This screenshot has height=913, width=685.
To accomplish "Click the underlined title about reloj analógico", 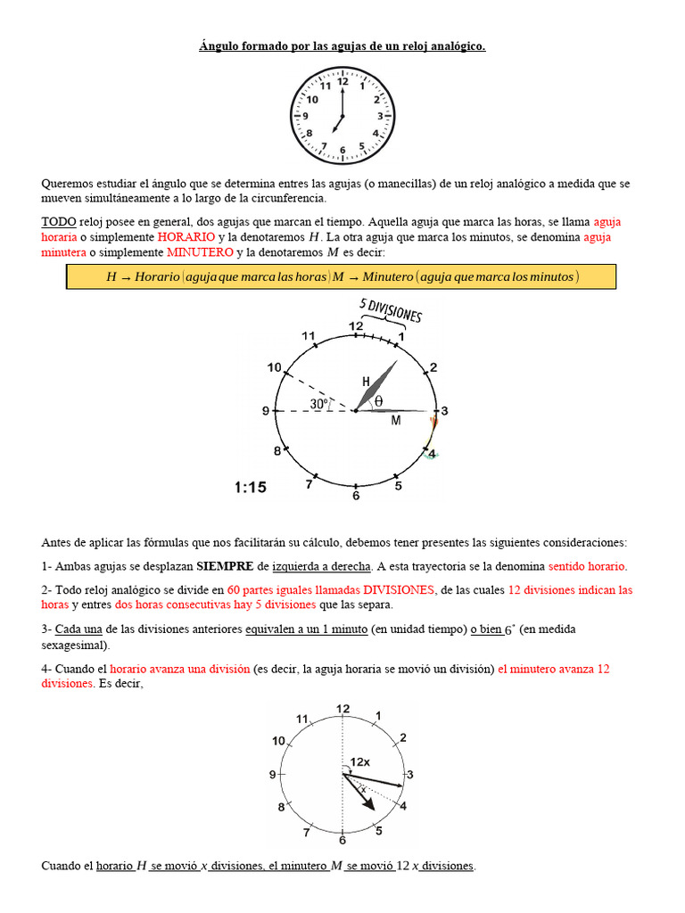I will coord(342,45).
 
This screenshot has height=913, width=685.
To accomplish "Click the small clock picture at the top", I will coord(342,116).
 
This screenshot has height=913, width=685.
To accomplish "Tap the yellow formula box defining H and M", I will coord(341,277).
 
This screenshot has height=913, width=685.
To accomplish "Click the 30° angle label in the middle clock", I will coord(318,404).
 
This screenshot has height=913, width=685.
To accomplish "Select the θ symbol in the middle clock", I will coord(378,402).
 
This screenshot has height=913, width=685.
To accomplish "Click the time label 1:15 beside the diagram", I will coord(250,487).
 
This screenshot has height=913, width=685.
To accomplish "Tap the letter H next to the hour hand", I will coord(366,382).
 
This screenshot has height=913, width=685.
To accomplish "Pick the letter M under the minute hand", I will coord(395,421).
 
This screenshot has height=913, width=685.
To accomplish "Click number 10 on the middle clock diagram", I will coord(274,367).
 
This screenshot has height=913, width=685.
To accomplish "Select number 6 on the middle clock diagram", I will coord(355,496).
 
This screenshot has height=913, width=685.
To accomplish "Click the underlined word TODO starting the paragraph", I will coord(58,221).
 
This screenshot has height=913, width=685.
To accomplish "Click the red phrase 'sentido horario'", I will coord(587,566).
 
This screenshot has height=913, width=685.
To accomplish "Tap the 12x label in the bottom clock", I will coord(360,762).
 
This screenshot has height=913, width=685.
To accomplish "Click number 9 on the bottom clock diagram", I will coord(273,775).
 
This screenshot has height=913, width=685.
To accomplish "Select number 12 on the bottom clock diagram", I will coord(342,709).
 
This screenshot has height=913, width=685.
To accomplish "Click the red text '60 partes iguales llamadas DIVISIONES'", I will coord(331,589).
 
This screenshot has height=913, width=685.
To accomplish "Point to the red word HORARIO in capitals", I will coord(186,237).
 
